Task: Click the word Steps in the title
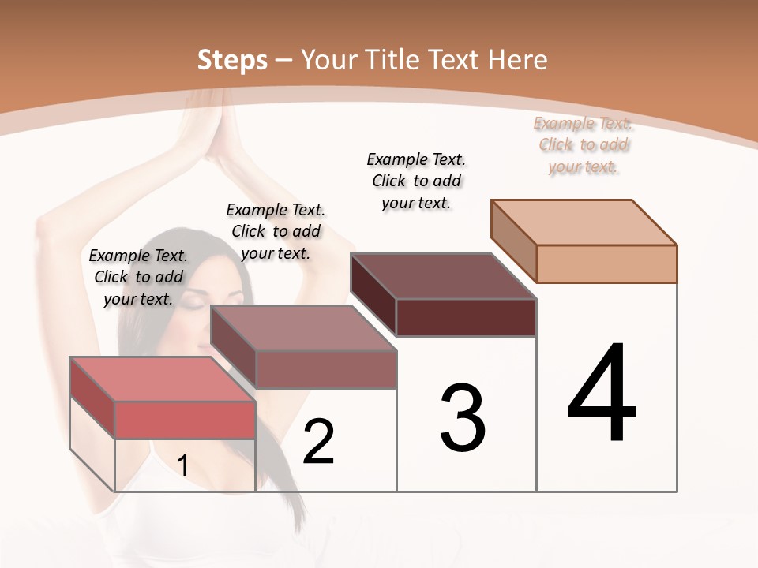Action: [232, 60]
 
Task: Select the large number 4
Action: [602, 394]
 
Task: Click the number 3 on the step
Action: [463, 418]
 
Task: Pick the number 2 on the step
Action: [318, 442]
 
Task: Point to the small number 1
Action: [183, 465]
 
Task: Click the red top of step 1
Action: [162, 379]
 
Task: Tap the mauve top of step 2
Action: [302, 328]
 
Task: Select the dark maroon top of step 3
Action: [443, 276]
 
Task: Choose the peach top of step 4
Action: [584, 222]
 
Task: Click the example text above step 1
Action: [138, 277]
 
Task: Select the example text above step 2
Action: [276, 231]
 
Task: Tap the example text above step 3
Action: [416, 181]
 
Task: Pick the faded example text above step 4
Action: [583, 144]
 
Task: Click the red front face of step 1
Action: [185, 420]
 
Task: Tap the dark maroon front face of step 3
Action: [466, 317]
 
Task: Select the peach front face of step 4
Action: [606, 263]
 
